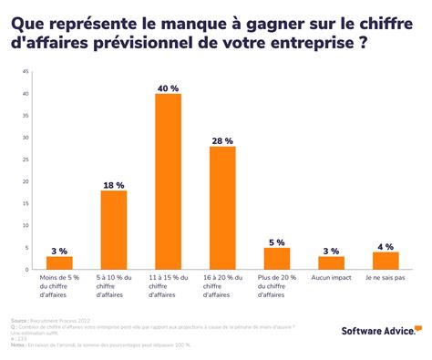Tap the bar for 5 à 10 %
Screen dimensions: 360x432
pos(113,230)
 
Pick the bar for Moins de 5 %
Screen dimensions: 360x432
pos(59,262)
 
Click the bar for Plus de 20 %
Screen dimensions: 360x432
pos(276,258)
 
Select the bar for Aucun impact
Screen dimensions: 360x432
pos(331,262)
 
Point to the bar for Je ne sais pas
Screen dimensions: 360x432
pos(386,261)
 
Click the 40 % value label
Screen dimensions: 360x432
pos(168,87)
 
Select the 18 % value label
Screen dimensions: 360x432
pos(113,183)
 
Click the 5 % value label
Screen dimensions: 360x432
pos(276,241)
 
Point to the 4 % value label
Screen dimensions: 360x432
pos(386,245)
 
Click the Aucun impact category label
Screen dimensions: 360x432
pos(331,277)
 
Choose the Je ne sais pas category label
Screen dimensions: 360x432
pos(386,277)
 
